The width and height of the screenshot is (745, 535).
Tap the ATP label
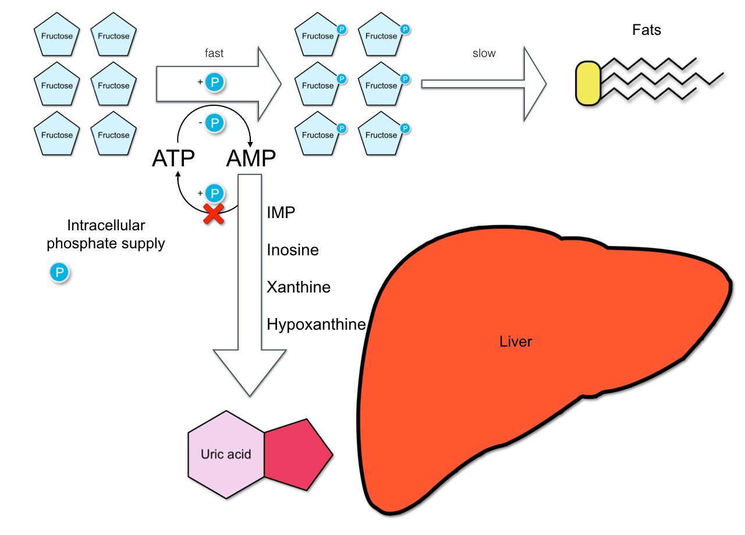point(173,158)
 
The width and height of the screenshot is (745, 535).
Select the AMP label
point(250,158)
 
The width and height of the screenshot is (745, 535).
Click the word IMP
point(281,213)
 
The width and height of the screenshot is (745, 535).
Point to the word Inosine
point(293,250)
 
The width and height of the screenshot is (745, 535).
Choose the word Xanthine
point(299,287)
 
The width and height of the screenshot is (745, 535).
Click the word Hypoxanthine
point(316,324)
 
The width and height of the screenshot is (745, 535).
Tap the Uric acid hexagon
point(226,454)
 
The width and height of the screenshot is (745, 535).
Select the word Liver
point(516,341)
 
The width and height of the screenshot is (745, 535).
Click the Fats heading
point(647,30)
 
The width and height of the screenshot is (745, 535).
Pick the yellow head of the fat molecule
point(588,84)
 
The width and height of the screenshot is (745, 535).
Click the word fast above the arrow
point(214,53)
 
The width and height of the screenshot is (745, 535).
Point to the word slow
point(484,53)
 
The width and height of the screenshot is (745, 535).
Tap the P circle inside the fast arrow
point(214,83)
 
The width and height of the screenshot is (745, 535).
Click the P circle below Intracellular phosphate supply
point(59,272)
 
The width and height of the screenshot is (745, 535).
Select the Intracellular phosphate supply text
point(105,234)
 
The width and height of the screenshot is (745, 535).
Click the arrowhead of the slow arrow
point(534,84)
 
